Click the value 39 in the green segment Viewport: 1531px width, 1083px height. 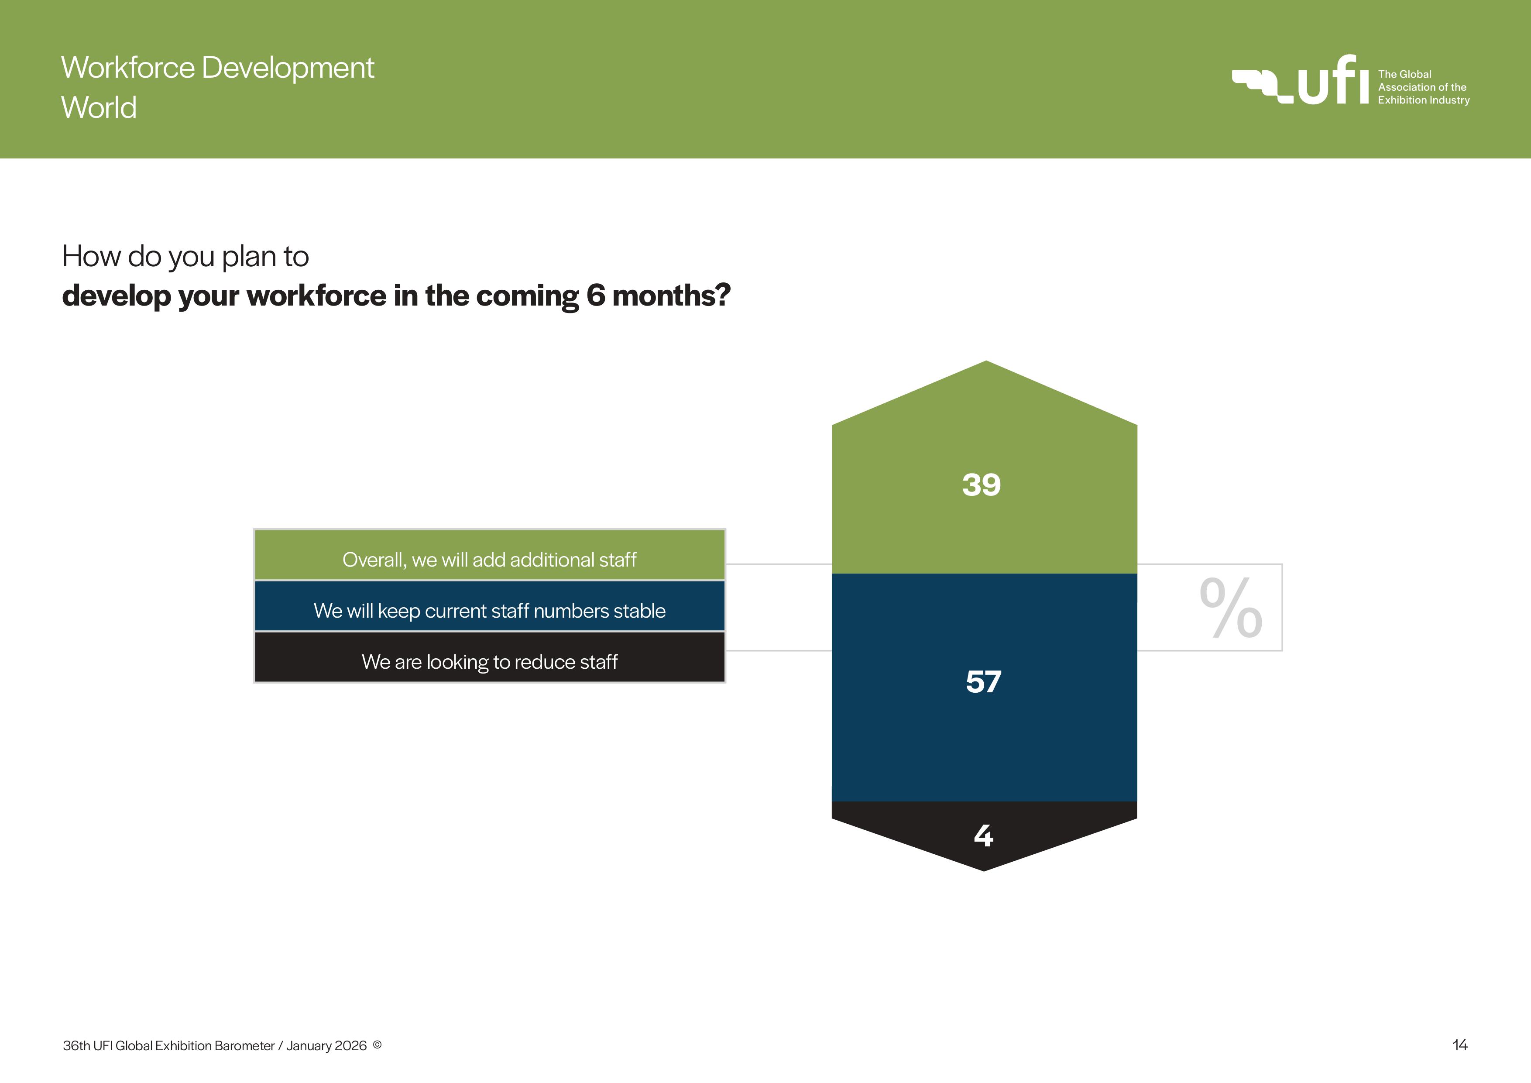(x=981, y=485)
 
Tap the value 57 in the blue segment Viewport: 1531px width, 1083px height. (x=984, y=681)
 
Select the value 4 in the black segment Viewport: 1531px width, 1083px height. (x=984, y=835)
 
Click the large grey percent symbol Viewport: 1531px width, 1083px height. (x=1231, y=607)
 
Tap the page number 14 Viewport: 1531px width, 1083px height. (x=1460, y=1045)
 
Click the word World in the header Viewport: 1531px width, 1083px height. (x=99, y=107)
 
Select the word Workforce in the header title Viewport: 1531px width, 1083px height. (x=128, y=67)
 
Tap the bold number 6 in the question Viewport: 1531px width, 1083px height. (x=595, y=296)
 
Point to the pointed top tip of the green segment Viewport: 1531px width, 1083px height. (x=986, y=361)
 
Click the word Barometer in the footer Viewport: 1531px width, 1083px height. (x=244, y=1045)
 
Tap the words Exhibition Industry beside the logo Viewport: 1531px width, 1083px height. (x=1424, y=100)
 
